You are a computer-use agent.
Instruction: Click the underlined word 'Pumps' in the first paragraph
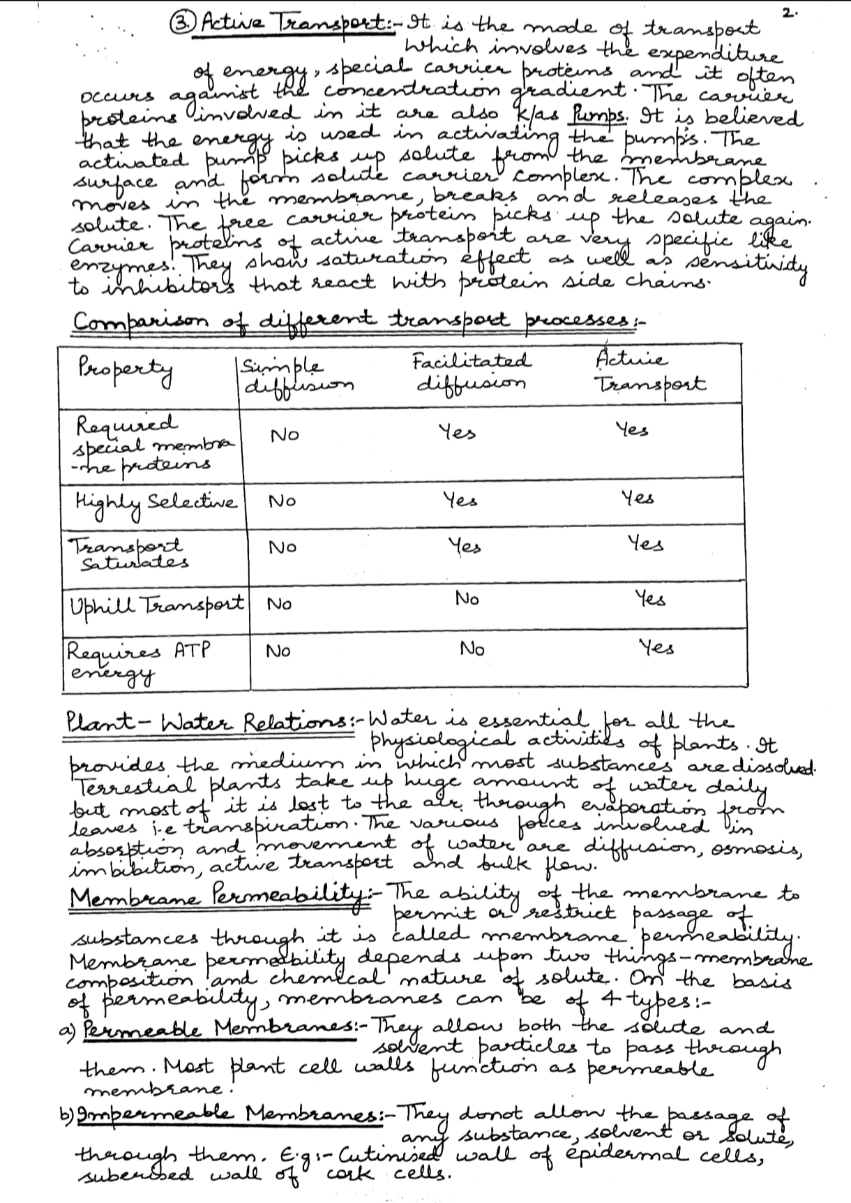(x=593, y=115)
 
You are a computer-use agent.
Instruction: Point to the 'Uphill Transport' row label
(x=156, y=603)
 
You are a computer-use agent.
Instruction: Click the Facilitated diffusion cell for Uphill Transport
(x=467, y=598)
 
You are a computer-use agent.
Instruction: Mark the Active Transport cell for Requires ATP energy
(x=657, y=648)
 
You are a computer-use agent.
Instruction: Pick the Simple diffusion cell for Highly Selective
(x=283, y=501)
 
